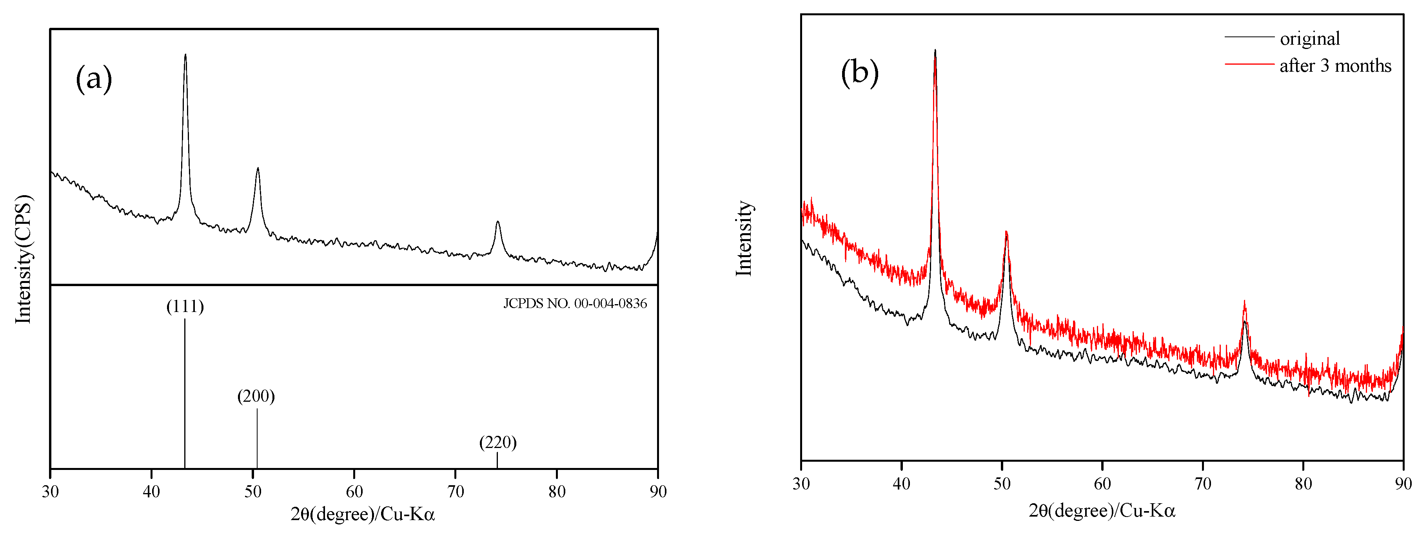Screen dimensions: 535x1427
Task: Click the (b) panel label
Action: point(859,72)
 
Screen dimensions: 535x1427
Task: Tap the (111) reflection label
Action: point(185,306)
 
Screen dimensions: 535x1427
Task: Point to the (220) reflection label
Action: point(497,442)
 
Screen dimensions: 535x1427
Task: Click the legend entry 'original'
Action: point(1309,39)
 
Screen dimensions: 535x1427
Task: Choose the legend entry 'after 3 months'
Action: point(1335,66)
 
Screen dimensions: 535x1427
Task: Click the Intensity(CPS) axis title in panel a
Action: point(23,259)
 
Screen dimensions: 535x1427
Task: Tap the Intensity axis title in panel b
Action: point(744,238)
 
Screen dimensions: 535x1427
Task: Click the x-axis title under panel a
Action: point(363,515)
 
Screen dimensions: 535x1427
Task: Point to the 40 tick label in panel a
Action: point(151,491)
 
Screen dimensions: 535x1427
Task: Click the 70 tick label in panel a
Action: point(456,491)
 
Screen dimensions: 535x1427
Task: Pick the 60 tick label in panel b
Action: point(1102,484)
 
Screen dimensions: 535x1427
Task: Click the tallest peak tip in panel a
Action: point(185,55)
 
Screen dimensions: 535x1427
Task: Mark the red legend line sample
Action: point(1249,64)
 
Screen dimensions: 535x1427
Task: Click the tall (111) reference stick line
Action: point(185,393)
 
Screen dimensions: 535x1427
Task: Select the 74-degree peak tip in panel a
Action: point(497,222)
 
